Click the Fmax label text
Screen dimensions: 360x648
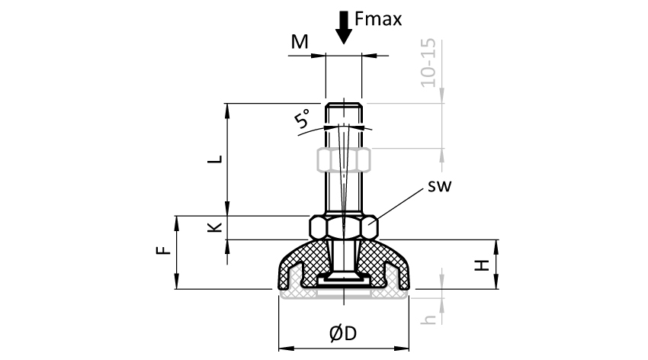378,19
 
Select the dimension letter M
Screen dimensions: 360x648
300,42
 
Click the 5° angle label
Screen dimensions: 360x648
303,120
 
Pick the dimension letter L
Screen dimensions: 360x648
216,159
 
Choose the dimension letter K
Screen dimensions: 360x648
216,227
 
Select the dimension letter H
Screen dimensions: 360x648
482,265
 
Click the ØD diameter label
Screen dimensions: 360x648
343,333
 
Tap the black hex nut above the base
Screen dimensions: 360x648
344,227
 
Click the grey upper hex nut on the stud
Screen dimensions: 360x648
344,159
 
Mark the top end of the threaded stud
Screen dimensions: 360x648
344,104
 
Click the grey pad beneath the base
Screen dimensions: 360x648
344,294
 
